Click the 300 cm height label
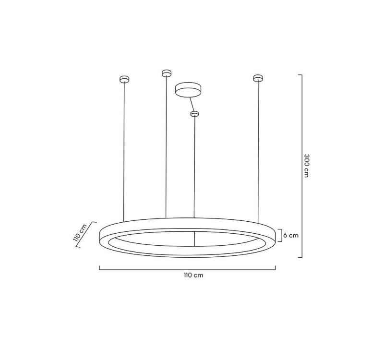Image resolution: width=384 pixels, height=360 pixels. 306,166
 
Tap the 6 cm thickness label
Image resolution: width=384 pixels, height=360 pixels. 291,235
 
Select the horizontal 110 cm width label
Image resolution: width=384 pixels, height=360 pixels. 187,276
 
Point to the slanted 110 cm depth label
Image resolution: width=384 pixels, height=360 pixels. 80,234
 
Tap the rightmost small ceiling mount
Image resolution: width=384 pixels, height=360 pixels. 258,77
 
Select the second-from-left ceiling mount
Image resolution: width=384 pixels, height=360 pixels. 166,73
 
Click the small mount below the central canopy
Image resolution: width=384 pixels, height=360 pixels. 194,114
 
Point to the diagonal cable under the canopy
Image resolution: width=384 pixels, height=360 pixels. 191,104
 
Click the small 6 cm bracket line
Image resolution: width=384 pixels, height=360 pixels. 281,235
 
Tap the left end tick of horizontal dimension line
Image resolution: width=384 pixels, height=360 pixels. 100,268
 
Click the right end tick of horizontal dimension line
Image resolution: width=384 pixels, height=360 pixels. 275,268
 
